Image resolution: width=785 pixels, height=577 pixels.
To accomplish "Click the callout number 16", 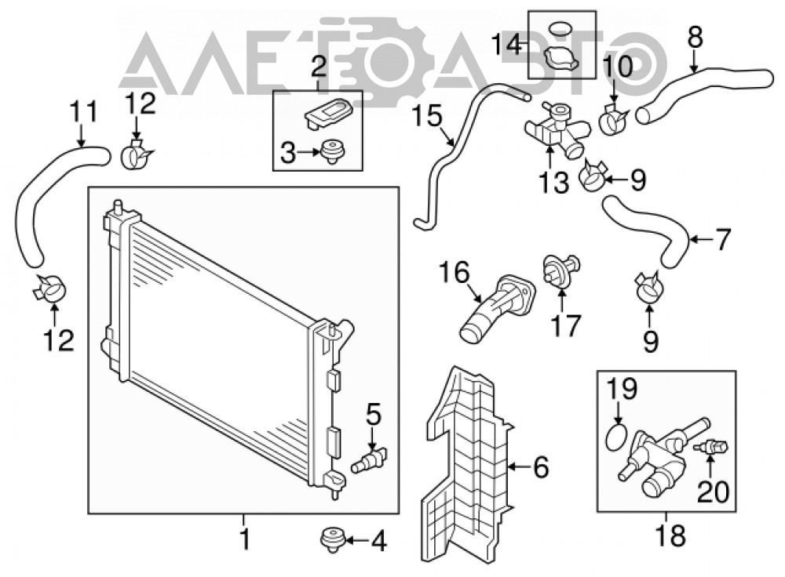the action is click(x=455, y=273).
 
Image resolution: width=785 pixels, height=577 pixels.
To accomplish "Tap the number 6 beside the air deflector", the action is click(x=541, y=467).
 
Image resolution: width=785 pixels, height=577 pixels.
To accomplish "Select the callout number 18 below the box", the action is click(x=670, y=535).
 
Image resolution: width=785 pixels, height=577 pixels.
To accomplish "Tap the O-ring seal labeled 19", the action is click(x=616, y=436).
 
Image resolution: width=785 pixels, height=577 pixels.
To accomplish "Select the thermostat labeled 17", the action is click(x=561, y=270).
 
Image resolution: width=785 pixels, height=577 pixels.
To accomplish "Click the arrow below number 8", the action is click(x=695, y=63).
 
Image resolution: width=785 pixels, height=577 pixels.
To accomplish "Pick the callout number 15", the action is click(x=427, y=117).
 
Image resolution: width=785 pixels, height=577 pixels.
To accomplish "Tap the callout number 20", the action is click(x=713, y=492).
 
